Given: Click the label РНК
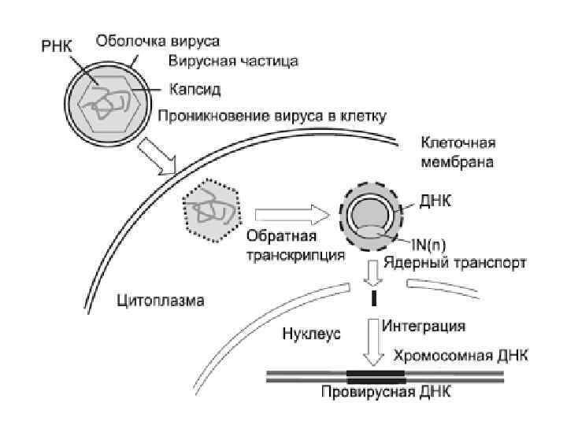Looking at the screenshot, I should [x=54, y=46].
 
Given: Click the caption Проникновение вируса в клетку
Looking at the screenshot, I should [x=272, y=117].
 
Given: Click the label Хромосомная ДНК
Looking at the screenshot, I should [x=460, y=355].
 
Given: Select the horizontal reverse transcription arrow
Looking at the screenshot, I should [x=291, y=213].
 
